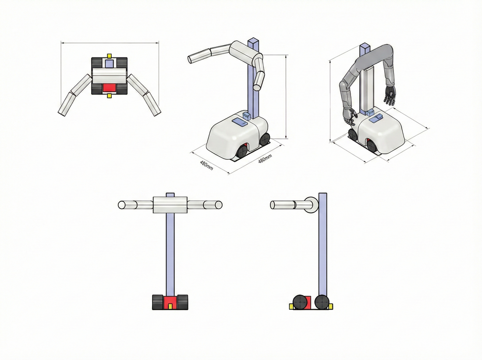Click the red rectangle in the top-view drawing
109,88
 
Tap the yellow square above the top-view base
109,56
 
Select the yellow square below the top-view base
109,96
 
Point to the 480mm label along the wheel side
265,159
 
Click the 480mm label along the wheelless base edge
206,166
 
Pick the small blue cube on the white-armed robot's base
247,115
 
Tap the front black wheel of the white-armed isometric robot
242,151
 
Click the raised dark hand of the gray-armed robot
390,95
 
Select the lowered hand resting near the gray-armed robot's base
350,117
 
